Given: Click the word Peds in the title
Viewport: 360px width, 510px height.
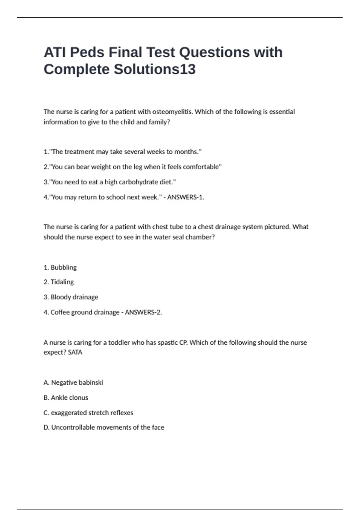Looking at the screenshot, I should pyautogui.click(x=87, y=52).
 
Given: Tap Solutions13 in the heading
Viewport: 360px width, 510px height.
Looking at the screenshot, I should pyautogui.click(x=154, y=70).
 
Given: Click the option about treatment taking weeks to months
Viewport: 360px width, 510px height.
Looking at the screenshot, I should pyautogui.click(x=122, y=152).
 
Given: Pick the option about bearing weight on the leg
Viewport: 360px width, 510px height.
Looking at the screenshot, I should pyautogui.click(x=133, y=167).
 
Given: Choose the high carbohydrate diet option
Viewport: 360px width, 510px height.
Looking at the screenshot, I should pyautogui.click(x=110, y=182).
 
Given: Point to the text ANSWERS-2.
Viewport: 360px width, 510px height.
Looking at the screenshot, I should pyautogui.click(x=143, y=312).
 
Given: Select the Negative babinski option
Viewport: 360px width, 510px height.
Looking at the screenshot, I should pyautogui.click(x=73, y=382).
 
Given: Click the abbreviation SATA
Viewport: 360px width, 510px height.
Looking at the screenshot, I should pyautogui.click(x=75, y=352).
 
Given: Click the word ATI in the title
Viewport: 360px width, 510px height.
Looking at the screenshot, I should pyautogui.click(x=54, y=52).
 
